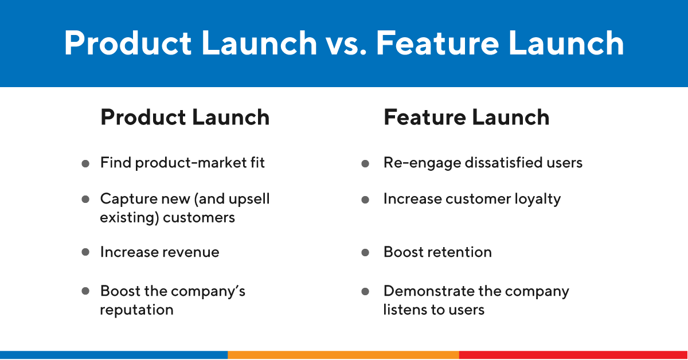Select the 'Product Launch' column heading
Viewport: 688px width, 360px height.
185,118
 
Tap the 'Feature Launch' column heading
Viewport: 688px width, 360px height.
466,118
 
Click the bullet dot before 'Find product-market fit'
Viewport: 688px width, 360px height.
85,163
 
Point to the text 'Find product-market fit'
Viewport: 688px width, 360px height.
182,163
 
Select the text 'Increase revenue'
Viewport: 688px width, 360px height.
159,252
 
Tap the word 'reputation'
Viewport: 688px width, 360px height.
136,310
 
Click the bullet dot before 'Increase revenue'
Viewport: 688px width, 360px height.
85,252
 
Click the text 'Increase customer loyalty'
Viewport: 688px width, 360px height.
472,199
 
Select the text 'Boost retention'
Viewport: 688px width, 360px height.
437,252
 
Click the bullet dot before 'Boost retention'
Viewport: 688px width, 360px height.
365,252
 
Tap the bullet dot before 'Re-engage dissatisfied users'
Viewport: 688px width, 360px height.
365,163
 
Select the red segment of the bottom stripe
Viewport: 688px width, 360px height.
573,355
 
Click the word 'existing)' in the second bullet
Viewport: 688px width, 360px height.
129,218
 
